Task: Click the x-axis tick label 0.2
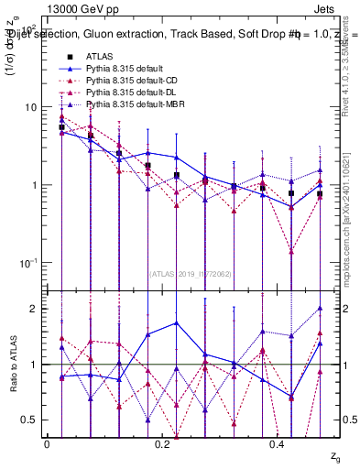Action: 162,443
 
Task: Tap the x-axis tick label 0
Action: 47,443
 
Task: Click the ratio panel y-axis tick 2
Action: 33,309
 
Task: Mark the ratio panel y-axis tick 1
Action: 33,365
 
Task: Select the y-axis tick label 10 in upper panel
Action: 31,107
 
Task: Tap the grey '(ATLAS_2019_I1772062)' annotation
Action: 191,273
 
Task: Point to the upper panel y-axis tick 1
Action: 33,185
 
